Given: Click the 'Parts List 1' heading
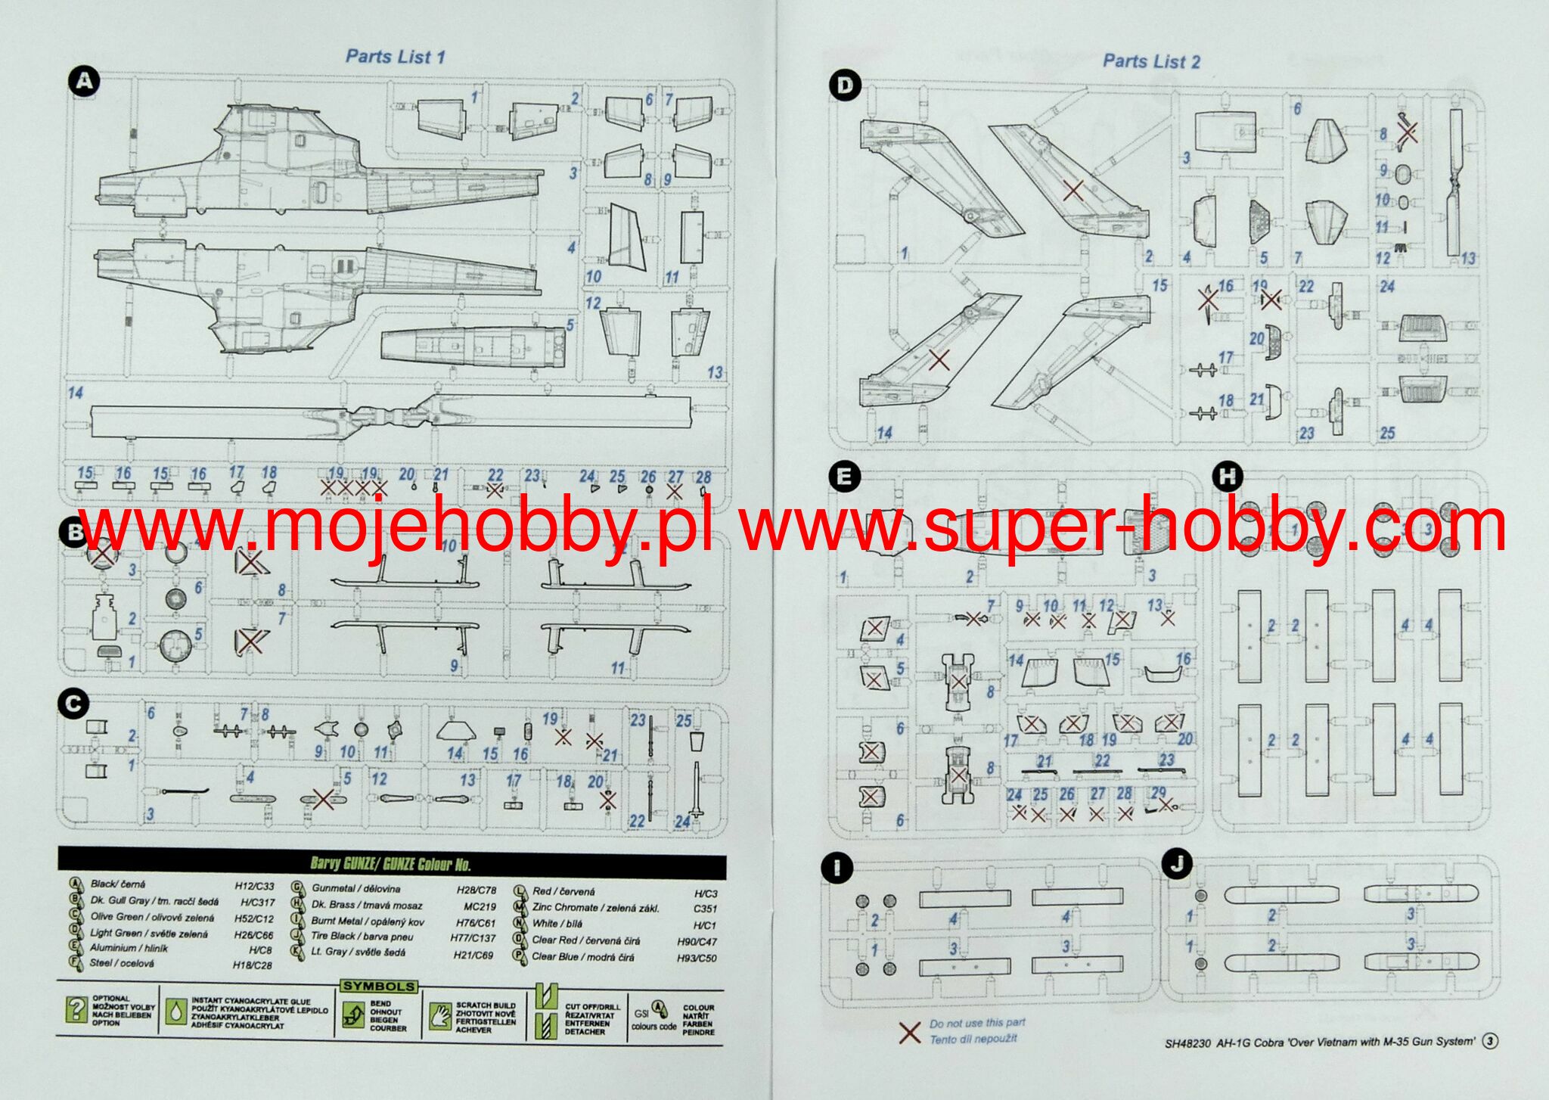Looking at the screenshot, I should pos(395,57).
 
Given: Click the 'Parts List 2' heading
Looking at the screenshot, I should pos(1151,61).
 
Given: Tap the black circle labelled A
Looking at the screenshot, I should pos(83,81).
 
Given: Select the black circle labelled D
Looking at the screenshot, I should pos(844,85).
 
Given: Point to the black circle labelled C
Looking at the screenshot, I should pos(73,704).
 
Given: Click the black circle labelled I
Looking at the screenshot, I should pos(837,868).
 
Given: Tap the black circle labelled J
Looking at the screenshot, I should pos(1177,864).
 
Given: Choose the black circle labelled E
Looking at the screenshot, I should pos(844,477).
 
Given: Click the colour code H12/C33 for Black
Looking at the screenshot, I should pos(254,886).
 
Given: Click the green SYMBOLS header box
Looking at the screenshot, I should pos(379,987).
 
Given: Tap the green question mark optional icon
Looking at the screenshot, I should pos(76,1009).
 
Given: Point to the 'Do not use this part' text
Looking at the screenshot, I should pos(977,1023).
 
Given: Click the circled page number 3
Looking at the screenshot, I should pos(1490,1041).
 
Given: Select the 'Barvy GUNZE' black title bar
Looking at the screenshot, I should pos(392,863).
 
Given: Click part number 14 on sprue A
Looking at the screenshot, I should pos(76,393).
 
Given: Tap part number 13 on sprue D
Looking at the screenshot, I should pos(1467,259).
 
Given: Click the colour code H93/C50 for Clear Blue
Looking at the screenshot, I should pos(697,958).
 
